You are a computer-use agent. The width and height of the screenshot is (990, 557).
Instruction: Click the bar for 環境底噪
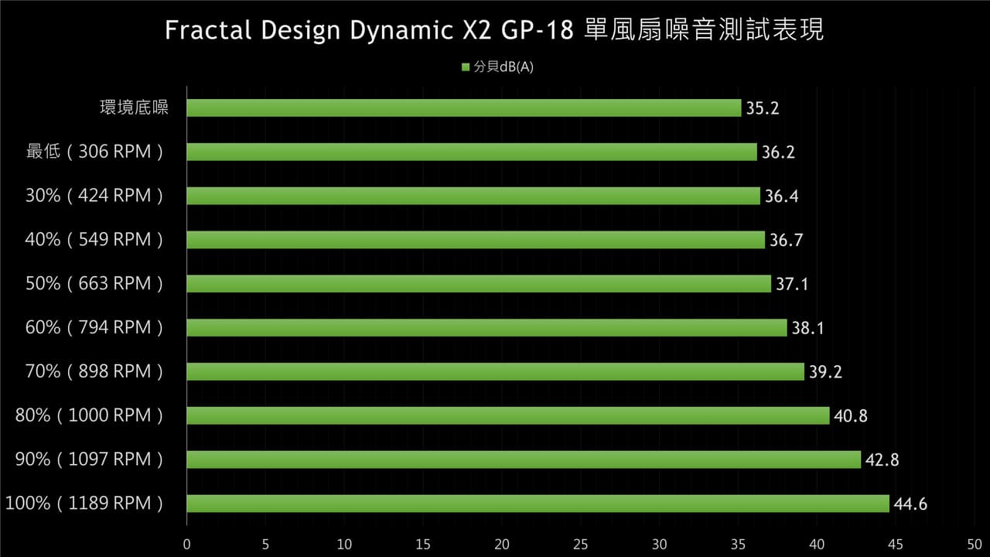(x=463, y=108)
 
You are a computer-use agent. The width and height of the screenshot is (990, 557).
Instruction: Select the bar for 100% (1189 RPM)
(x=538, y=504)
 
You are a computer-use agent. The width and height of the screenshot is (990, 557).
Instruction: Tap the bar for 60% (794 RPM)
(x=486, y=327)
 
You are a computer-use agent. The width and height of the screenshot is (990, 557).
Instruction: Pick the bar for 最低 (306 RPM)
(x=472, y=152)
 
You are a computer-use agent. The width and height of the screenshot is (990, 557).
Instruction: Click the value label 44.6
(x=910, y=504)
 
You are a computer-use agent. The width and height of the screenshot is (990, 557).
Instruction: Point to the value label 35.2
(x=763, y=108)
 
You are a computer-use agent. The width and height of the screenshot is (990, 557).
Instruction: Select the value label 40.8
(x=850, y=416)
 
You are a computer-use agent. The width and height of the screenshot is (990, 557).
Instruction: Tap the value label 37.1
(x=792, y=284)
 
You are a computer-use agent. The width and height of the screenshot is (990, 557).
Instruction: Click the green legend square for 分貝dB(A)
(x=466, y=67)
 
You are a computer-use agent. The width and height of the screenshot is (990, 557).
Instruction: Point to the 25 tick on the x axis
(x=580, y=544)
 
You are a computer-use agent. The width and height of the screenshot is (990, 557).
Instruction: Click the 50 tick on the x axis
(x=975, y=544)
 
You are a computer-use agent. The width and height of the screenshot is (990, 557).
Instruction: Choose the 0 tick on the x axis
(x=187, y=544)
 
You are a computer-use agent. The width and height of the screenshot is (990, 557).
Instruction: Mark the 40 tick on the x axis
(x=817, y=544)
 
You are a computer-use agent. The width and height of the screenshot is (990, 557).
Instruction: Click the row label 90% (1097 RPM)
(x=89, y=460)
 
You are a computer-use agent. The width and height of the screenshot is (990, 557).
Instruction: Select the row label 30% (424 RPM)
(x=94, y=196)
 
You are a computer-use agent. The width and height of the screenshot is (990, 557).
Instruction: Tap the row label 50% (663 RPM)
(x=94, y=283)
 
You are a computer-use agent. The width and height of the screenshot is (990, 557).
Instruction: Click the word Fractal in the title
(x=208, y=30)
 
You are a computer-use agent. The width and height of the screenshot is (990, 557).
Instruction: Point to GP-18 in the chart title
(x=537, y=30)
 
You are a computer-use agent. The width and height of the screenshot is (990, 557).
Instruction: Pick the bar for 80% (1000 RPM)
(x=508, y=415)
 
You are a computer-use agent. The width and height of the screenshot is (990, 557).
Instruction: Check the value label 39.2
(x=825, y=372)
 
